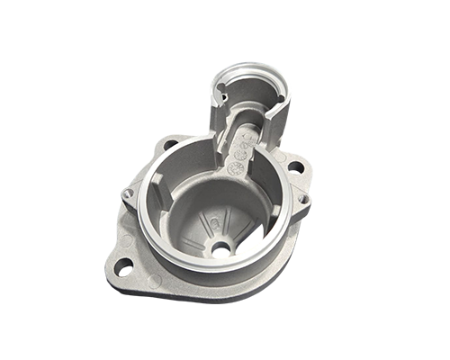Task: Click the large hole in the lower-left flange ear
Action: (123, 266)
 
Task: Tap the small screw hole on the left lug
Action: (129, 193)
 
